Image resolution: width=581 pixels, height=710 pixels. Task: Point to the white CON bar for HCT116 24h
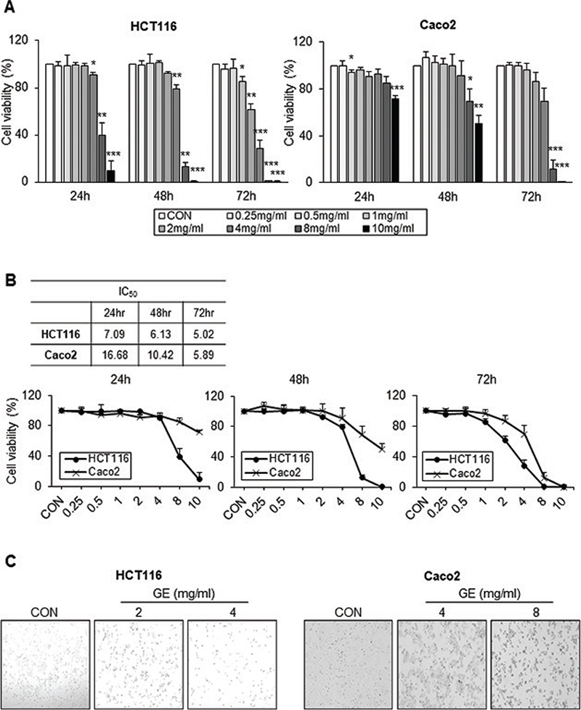click(x=49, y=123)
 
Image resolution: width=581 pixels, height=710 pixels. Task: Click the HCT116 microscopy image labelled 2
click(x=139, y=663)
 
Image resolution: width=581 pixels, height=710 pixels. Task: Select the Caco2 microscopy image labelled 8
click(x=535, y=663)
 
